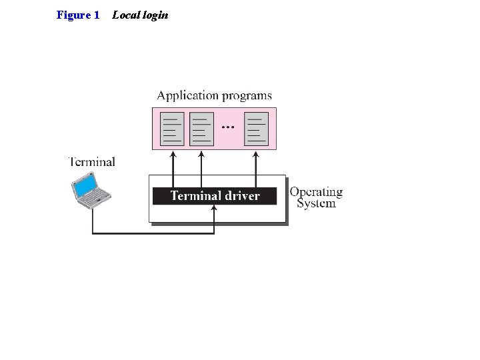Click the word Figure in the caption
[73, 15]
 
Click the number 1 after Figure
[96, 15]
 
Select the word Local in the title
[124, 15]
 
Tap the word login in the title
[155, 15]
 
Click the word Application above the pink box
[187, 96]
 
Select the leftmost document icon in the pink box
[173, 129]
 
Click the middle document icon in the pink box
[201, 129]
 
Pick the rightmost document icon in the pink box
[257, 129]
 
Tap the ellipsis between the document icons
[228, 126]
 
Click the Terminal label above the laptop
[92, 161]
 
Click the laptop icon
[91, 191]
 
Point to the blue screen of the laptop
[87, 185]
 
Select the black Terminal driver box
[215, 195]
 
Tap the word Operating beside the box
[316, 192]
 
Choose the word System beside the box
[316, 203]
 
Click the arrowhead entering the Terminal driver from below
[214, 208]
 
